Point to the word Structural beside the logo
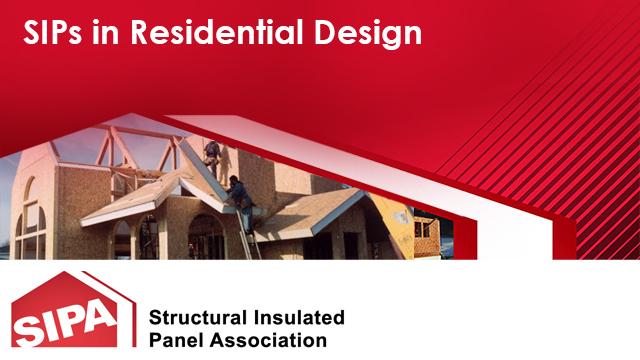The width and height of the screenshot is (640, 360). coord(196,318)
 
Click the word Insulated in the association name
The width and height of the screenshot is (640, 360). coord(297,318)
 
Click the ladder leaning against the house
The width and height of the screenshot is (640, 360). coord(250,235)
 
